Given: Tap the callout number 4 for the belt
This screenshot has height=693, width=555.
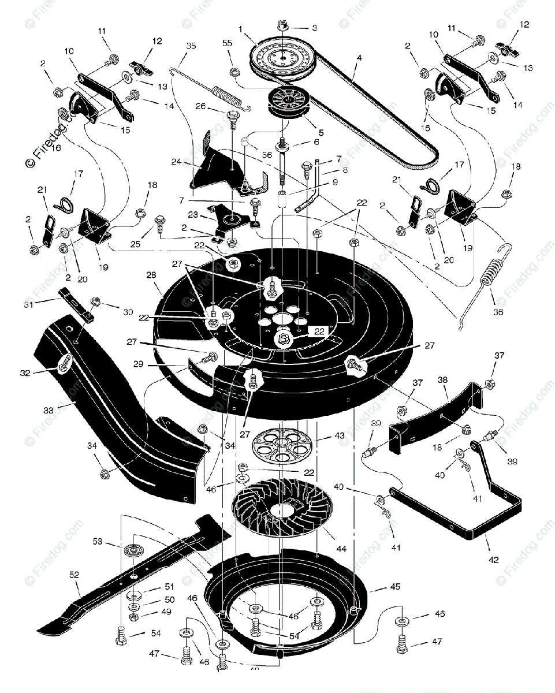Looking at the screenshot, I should point(359,58).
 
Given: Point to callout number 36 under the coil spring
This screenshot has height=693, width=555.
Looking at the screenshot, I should point(497,312).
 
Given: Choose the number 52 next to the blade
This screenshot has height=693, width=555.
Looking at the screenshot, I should point(74,575).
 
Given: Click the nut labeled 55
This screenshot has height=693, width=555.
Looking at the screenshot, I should point(235,72).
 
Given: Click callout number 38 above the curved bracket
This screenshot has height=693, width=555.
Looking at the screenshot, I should point(442,381).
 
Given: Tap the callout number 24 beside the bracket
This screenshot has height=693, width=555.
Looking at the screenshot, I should point(176,162).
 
